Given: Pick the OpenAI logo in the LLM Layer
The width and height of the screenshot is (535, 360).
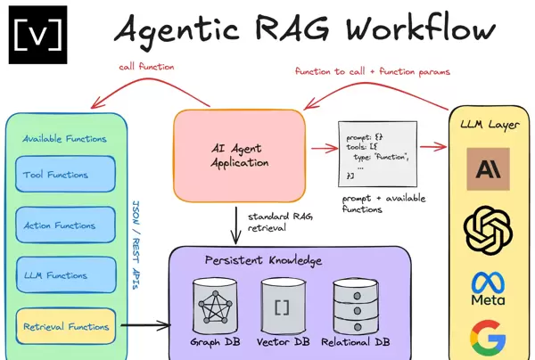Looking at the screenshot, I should click(x=489, y=229).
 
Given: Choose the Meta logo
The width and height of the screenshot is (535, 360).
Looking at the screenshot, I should click(x=489, y=290).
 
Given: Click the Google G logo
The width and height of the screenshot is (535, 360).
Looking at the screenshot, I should click(x=489, y=340).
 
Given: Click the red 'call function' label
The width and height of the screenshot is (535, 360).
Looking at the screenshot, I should click(x=147, y=67).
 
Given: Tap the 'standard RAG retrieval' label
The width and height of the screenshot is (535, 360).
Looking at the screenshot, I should click(x=269, y=223).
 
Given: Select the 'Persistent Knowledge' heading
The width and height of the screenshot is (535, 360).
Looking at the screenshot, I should click(x=264, y=260).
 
